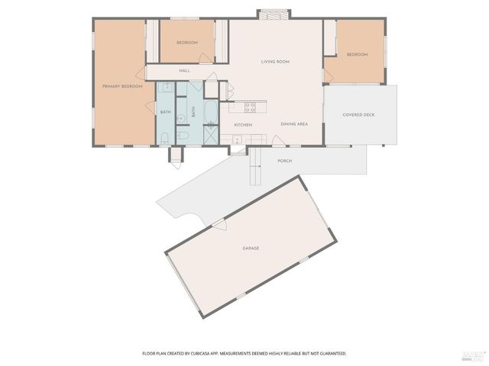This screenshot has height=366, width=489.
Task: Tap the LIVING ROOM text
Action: pyautogui.click(x=275, y=62)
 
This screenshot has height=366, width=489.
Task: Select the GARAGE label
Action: pyautogui.click(x=251, y=248)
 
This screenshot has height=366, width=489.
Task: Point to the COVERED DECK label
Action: pyautogui.click(x=359, y=114)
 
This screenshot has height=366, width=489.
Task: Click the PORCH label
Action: pyautogui.click(x=284, y=161)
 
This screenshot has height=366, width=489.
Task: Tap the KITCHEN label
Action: pyautogui.click(x=243, y=124)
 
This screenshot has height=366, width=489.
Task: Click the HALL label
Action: pyautogui.click(x=184, y=71)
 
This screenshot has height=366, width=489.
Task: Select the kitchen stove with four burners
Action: pyautogui.click(x=248, y=106)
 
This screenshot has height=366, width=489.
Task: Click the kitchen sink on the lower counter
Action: pyautogui.click(x=237, y=139)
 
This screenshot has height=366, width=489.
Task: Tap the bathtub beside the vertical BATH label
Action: pyautogui.click(x=209, y=111)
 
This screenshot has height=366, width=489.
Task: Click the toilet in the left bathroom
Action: pyautogui.click(x=164, y=138)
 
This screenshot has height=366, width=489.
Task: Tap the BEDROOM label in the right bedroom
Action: pyautogui.click(x=357, y=55)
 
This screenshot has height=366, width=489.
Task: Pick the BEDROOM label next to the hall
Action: pyautogui.click(x=187, y=43)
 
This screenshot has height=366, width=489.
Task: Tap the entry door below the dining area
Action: pyautogui.click(x=279, y=142)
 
